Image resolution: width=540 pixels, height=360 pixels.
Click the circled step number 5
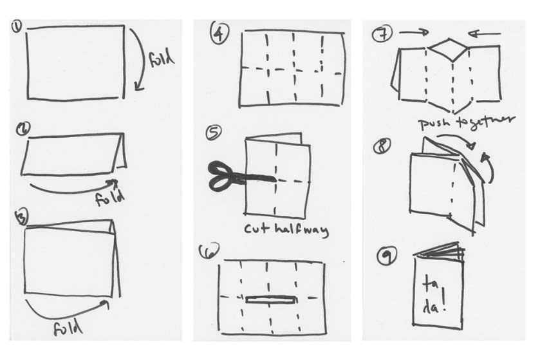tap(214, 132)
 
